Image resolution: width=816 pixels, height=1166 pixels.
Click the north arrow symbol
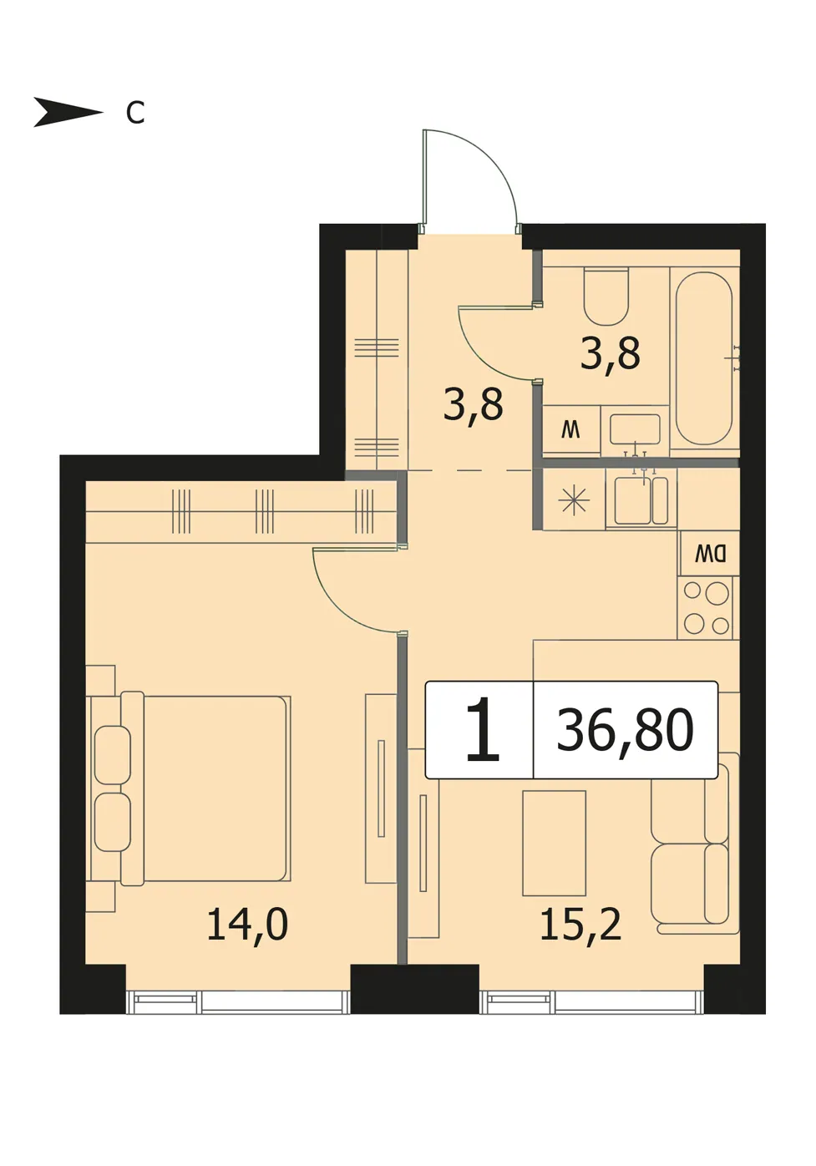click(68, 112)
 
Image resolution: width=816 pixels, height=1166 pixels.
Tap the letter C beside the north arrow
click(135, 113)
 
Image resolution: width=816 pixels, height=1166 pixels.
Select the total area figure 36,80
click(625, 730)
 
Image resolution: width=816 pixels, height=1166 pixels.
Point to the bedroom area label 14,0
click(247, 925)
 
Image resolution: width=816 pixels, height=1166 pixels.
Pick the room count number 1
click(483, 730)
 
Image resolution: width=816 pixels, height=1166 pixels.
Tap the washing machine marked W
click(571, 430)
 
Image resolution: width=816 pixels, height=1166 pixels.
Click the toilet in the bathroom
click(606, 297)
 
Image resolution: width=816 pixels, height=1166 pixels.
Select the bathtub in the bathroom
click(703, 358)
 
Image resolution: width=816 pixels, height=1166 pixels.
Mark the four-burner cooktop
click(706, 607)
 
